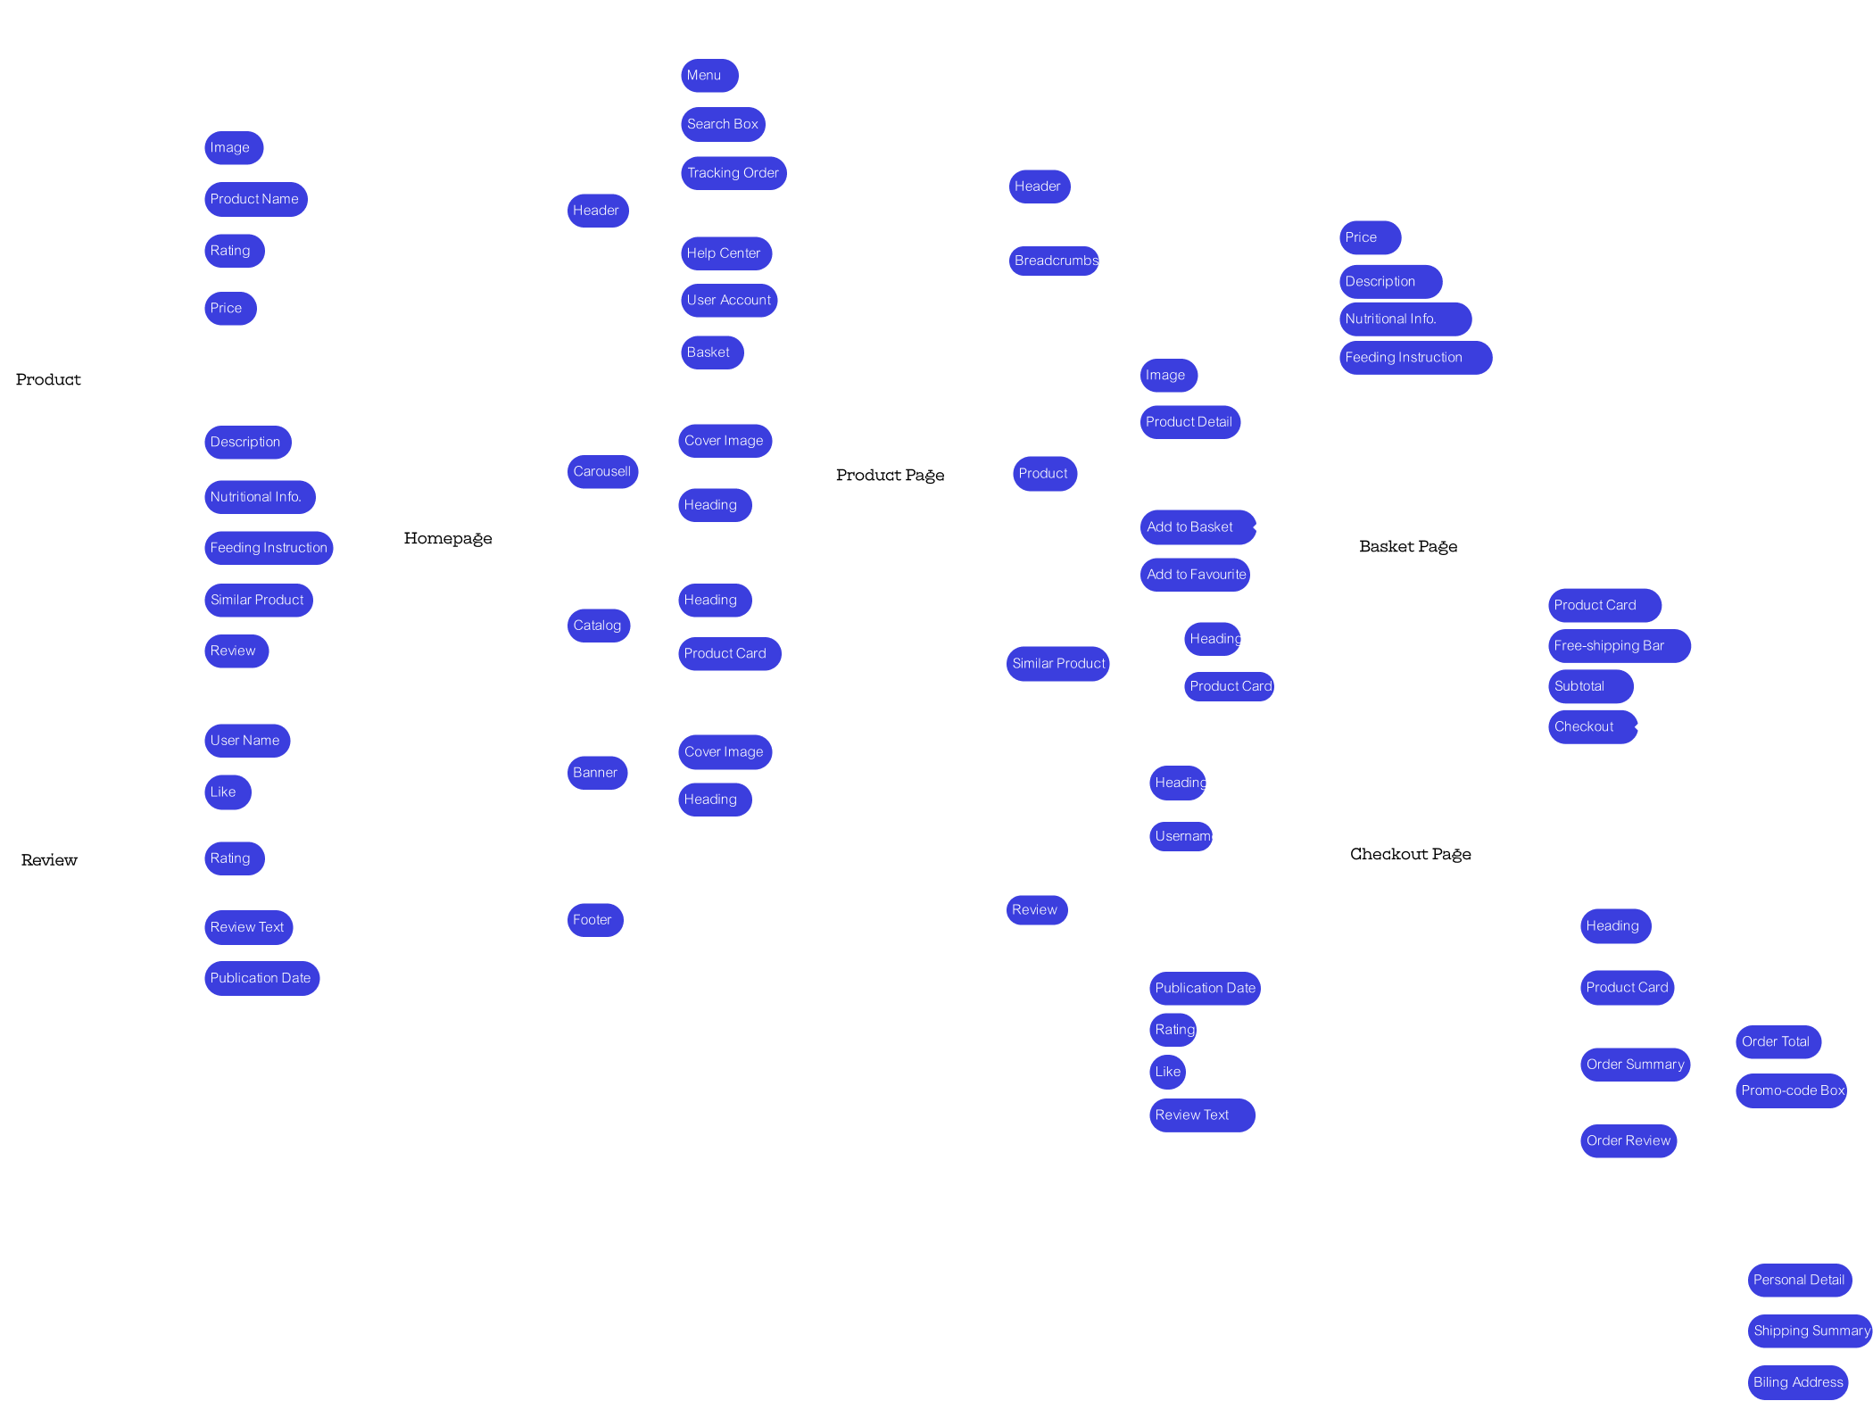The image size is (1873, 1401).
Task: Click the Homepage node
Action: pos(448,537)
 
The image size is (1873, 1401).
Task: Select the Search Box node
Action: pos(723,124)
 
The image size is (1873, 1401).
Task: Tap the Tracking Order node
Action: pos(733,173)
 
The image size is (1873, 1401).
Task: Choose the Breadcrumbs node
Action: pos(1055,261)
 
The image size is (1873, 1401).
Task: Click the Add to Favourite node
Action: pos(1196,575)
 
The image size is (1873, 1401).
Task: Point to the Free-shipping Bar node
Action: pos(1618,646)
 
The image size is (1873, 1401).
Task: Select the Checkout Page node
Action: pos(1410,854)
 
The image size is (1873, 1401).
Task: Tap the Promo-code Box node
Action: pos(1792,1090)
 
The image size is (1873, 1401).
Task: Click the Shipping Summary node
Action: pos(1810,1331)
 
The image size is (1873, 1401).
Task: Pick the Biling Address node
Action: pos(1797,1382)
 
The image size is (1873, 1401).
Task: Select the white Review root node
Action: pos(50,859)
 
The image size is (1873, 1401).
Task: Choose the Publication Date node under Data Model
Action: pos(261,978)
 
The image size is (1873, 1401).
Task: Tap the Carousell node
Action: pos(602,471)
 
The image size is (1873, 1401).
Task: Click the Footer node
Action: pos(593,920)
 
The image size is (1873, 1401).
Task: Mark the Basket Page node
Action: pos(1408,546)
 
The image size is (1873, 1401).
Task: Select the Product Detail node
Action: pos(1189,422)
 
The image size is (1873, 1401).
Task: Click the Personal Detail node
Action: pos(1798,1280)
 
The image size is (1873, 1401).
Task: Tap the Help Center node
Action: pos(725,253)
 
